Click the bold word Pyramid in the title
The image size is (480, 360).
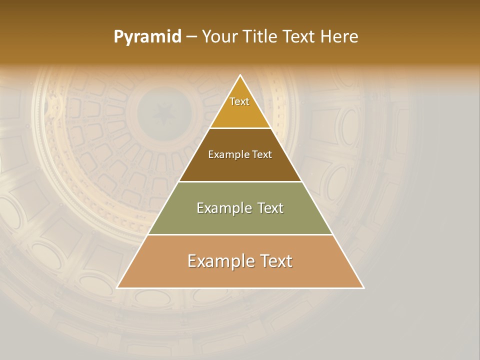147,37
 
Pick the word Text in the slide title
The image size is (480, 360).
300,37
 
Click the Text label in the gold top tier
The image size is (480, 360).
239,101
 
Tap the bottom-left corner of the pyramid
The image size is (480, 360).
117,287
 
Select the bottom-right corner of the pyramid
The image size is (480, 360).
363,287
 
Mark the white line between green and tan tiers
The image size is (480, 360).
240,235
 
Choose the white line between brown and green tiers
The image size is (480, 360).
240,181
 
